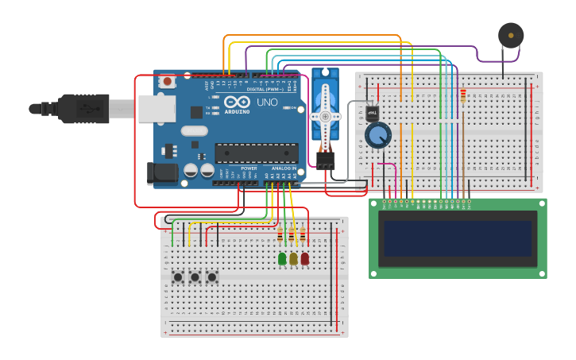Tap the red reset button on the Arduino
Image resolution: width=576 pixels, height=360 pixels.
(168, 81)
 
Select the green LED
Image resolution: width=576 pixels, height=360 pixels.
(282, 258)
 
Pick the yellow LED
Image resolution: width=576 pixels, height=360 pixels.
(293, 258)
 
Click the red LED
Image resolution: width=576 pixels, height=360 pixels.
(304, 258)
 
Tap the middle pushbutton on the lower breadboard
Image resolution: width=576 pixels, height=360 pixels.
(195, 277)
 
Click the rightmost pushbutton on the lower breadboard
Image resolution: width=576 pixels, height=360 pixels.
(211, 277)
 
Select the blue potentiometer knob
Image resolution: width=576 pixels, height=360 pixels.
(377, 135)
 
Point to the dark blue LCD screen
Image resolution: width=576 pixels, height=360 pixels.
(458, 238)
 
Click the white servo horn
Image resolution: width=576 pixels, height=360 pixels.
(325, 111)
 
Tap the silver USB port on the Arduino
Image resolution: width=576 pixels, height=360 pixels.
(157, 109)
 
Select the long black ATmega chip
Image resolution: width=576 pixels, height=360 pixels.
(257, 153)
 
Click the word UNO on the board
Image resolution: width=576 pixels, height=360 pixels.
(267, 103)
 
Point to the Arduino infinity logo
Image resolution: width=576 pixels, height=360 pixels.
(237, 102)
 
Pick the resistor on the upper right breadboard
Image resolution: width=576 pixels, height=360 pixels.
(463, 96)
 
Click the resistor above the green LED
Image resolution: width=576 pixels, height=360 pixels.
(280, 234)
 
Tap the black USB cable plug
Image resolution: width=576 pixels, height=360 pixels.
(83, 109)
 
